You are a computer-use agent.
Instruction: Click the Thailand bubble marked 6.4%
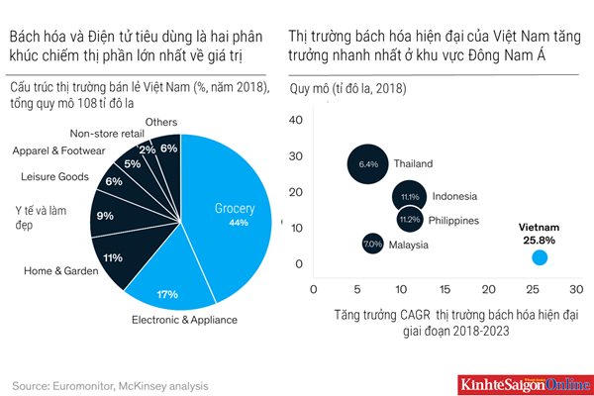(368, 162)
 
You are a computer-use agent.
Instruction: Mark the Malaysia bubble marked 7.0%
(372, 243)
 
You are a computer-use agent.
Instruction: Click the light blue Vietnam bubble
(540, 257)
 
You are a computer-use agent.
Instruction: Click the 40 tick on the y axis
(296, 120)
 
